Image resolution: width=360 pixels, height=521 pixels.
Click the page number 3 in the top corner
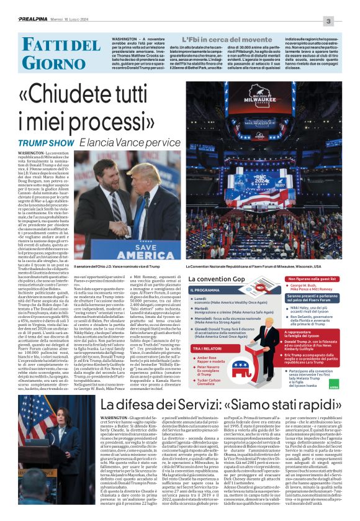coord(346,22)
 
